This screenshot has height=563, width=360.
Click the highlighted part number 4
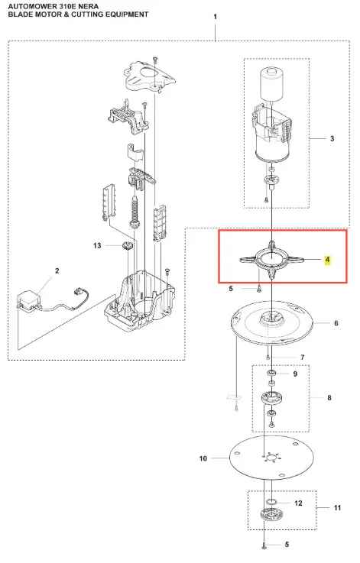(327, 260)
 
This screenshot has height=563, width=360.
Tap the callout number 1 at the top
(216, 17)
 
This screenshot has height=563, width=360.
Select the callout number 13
(97, 245)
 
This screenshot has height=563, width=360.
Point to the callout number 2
(57, 270)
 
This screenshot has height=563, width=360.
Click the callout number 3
(332, 138)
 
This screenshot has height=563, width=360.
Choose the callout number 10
(203, 458)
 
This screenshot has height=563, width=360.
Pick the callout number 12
(298, 503)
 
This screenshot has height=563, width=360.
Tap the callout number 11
(337, 508)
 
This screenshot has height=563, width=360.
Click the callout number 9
(295, 374)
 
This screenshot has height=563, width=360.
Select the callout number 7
(302, 358)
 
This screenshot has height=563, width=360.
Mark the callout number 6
(336, 323)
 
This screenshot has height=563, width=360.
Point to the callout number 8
(329, 398)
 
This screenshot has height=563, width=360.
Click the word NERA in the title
(89, 7)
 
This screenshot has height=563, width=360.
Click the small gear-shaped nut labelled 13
(127, 246)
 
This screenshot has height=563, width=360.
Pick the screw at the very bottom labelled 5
(264, 545)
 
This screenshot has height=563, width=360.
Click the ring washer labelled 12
(271, 502)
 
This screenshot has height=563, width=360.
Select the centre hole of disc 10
(271, 458)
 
